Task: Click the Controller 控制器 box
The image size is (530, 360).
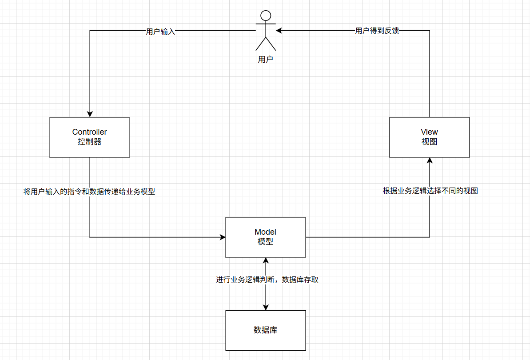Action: coord(90,137)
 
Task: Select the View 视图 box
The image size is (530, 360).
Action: coord(429,137)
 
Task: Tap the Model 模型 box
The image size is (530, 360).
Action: coord(266,237)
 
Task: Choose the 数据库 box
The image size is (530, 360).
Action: coord(266,330)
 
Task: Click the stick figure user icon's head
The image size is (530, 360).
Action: coord(266,16)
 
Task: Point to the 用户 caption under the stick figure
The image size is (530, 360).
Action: coord(266,59)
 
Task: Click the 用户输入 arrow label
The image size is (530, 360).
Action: coord(160,32)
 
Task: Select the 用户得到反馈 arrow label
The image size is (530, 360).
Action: coord(377,31)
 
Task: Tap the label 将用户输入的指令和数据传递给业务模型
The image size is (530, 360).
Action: coord(89,192)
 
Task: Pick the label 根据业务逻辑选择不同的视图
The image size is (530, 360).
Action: coord(430,191)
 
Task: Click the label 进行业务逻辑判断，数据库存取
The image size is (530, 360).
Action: coord(267,280)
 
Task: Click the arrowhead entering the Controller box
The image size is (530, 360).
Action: coord(90,113)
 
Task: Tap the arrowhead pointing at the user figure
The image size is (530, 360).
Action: coord(279,31)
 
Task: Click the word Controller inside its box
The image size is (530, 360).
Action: coord(90,132)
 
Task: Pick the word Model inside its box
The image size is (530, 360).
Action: coord(266,232)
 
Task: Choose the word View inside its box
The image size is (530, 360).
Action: coord(429,132)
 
